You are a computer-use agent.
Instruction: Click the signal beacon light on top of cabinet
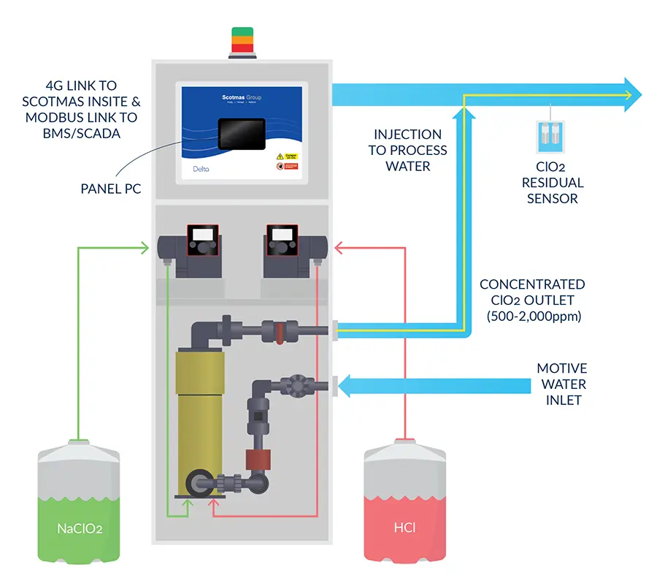241,42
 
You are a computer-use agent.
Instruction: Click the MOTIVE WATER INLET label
561,384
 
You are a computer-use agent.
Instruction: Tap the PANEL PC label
111,189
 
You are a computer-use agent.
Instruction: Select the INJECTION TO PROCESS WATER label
409,150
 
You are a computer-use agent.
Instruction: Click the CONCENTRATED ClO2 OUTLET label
532,292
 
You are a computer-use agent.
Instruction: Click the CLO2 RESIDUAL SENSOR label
555,183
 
